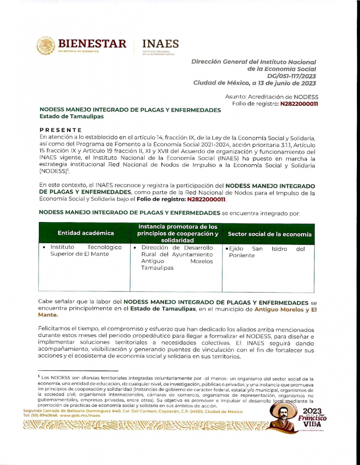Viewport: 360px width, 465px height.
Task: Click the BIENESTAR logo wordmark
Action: (92, 43)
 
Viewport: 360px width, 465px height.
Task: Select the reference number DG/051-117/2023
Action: (291, 76)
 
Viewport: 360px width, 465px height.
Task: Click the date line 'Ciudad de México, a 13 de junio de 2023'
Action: (255, 83)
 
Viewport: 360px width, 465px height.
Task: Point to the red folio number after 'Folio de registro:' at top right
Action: (299, 103)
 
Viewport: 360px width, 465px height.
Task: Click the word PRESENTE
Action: (61, 130)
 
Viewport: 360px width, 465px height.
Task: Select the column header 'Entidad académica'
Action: (86, 233)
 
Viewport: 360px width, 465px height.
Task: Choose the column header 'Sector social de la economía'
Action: (269, 234)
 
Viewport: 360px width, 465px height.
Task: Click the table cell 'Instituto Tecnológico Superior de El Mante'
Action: (86, 251)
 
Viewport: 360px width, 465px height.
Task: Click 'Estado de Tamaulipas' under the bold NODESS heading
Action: (71, 116)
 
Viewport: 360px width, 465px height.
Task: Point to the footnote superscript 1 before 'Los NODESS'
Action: (39, 376)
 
